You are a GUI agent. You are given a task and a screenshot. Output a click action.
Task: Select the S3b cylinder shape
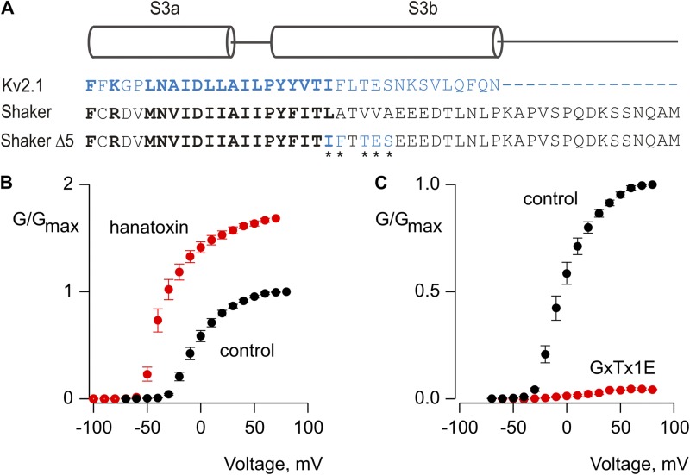click(386, 41)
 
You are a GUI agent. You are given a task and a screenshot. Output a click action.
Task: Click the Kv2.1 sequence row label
click(21, 86)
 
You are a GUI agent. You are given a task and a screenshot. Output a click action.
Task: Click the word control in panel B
click(247, 351)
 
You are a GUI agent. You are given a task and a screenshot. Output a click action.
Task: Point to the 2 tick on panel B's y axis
click(76, 184)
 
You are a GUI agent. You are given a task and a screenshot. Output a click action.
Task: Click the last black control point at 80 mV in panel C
click(653, 184)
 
